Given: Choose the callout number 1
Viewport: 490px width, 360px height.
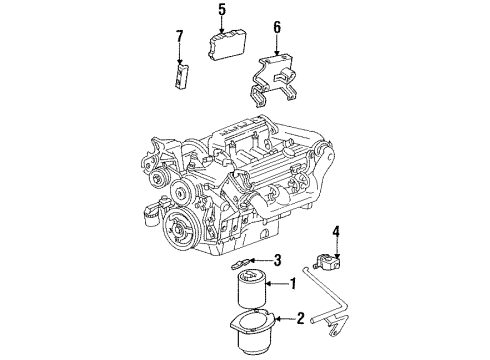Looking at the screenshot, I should [x=293, y=284].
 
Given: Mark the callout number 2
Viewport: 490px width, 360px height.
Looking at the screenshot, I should [x=299, y=319].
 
